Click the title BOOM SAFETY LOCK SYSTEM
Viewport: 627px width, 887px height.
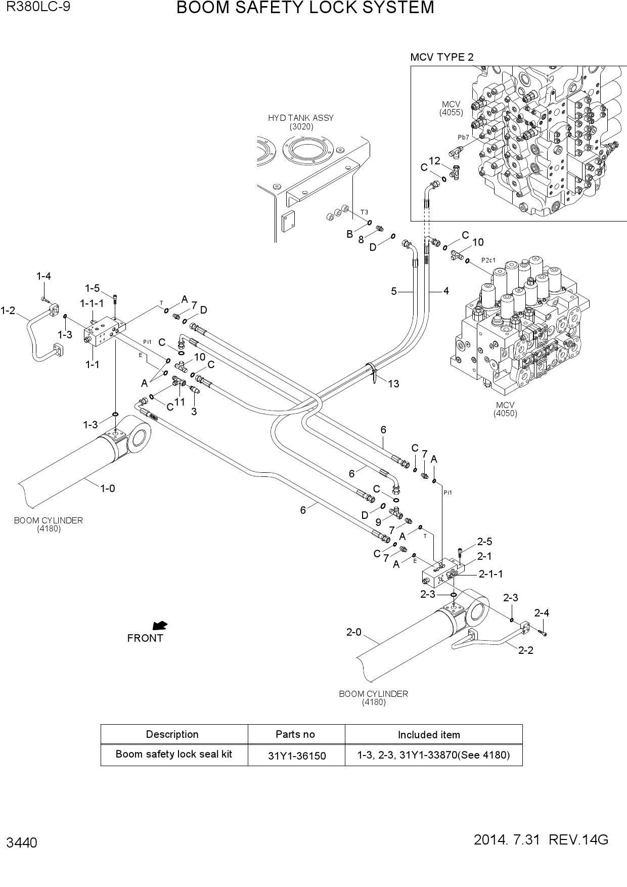point(305,8)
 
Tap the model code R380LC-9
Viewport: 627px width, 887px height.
point(38,7)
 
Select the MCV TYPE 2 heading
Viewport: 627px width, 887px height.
point(442,57)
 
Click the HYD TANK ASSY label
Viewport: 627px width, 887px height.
point(301,118)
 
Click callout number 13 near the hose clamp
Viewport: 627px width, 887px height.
point(393,384)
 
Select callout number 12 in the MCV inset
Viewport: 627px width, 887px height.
point(434,161)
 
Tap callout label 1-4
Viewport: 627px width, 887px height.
point(43,276)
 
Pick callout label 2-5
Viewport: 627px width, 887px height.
point(484,542)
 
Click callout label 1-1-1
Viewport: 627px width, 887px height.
point(92,303)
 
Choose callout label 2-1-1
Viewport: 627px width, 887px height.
point(491,574)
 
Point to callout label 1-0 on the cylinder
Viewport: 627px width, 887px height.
point(108,489)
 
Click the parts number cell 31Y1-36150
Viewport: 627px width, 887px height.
point(297,756)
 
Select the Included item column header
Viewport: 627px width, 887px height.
point(429,735)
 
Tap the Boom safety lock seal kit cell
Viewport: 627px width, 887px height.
point(174,754)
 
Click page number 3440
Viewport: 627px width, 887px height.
point(22,843)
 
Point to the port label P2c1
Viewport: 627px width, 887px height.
point(488,260)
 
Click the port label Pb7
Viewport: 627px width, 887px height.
point(464,137)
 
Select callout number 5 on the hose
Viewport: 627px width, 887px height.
point(394,291)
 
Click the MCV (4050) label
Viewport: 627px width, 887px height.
point(505,409)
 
